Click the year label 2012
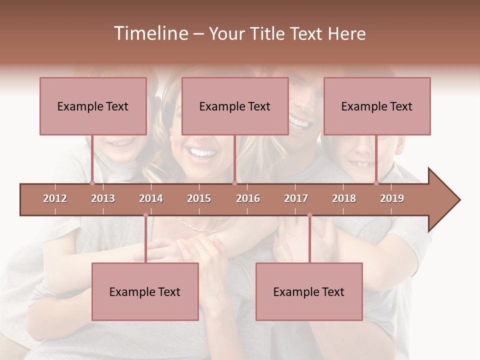[55, 198]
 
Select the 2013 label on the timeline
[103, 198]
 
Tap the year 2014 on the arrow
[151, 198]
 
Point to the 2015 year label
[199, 198]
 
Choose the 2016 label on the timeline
[248, 198]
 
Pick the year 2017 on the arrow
[296, 198]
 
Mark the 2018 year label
[344, 198]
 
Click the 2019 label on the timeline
[392, 198]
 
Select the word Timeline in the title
[150, 33]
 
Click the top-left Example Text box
[93, 106]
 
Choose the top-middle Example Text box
[235, 106]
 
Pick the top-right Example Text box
[377, 106]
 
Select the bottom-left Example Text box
[145, 291]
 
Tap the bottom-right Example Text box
[309, 291]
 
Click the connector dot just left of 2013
[92, 183]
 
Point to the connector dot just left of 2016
[234, 183]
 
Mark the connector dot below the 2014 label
[145, 215]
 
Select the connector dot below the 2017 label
[309, 215]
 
